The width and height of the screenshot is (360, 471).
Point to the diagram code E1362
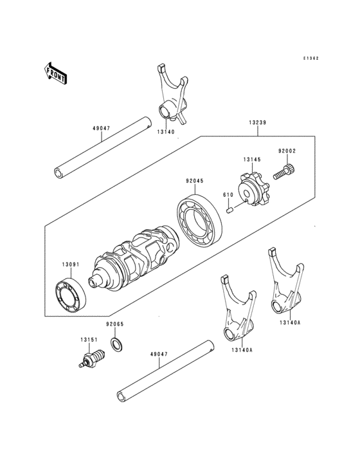(x=312, y=58)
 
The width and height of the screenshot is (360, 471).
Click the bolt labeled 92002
(x=284, y=171)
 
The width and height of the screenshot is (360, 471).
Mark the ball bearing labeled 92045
(x=201, y=219)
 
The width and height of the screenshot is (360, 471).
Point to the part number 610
(x=228, y=195)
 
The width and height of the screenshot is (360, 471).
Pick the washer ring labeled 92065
(x=118, y=345)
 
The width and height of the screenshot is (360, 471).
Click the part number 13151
(x=89, y=340)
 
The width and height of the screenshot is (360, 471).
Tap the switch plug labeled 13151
(x=92, y=358)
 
